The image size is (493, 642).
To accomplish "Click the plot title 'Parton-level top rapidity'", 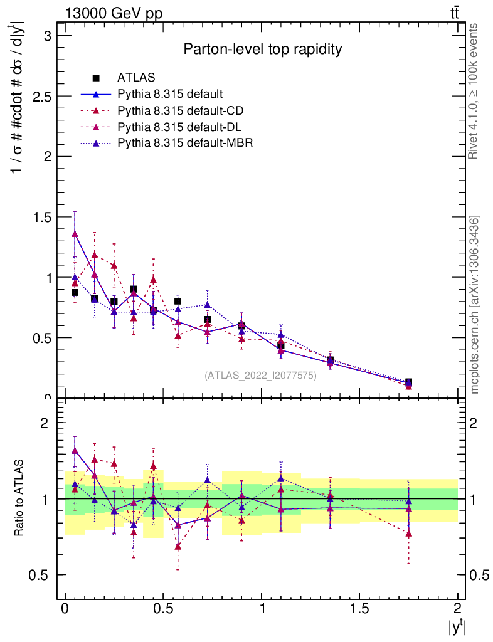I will click(x=263, y=49).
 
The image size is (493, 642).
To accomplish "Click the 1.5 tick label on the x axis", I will click(x=359, y=608).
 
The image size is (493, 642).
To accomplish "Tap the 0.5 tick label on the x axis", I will click(x=163, y=608).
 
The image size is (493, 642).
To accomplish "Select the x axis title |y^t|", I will click(x=455, y=626).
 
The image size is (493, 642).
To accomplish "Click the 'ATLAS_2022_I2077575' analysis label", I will click(x=260, y=376).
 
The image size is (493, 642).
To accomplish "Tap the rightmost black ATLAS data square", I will click(x=408, y=382).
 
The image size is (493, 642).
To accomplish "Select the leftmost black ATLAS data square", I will click(x=75, y=292).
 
